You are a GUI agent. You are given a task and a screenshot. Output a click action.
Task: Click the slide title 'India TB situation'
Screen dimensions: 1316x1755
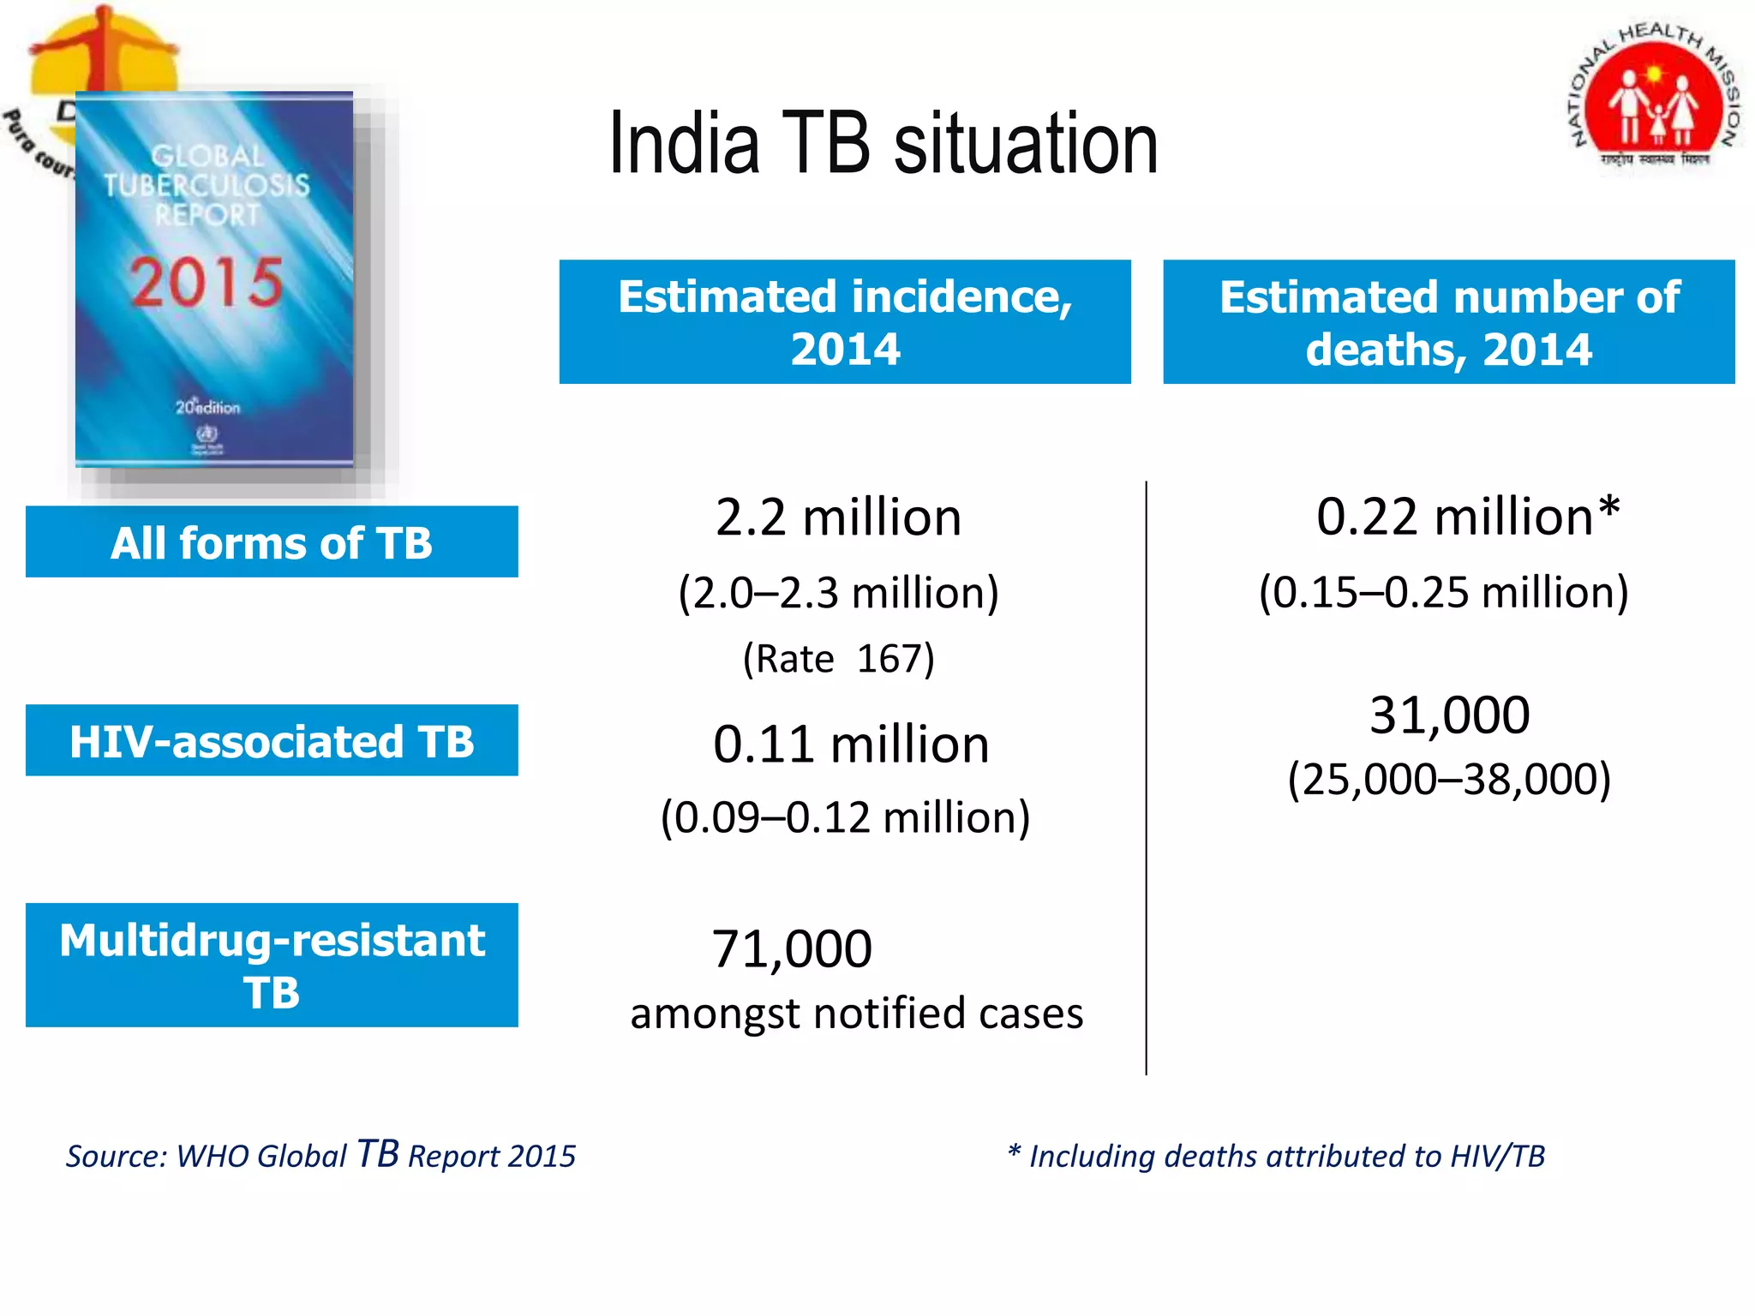point(883,144)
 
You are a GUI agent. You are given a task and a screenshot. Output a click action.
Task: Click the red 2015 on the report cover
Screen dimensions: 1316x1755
point(207,282)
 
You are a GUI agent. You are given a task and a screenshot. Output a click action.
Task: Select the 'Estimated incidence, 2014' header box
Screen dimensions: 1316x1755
point(845,322)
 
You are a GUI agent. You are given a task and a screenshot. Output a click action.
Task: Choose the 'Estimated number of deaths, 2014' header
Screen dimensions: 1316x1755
point(1448,322)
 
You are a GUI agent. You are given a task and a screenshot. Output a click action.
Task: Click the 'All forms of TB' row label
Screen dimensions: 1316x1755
point(272,542)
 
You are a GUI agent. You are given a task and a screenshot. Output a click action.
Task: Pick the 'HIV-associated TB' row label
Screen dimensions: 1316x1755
point(272,741)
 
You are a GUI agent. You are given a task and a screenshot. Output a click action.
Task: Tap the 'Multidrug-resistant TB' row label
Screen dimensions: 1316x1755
point(272,966)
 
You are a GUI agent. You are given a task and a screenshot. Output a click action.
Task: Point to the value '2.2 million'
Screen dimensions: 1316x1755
point(838,517)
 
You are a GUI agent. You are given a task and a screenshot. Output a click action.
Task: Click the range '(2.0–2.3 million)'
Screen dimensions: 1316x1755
point(838,593)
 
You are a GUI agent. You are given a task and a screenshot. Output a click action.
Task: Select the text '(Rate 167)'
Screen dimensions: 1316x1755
point(838,659)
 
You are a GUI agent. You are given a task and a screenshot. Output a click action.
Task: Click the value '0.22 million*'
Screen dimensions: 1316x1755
point(1467,517)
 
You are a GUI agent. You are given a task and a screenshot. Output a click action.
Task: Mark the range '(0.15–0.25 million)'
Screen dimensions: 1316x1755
point(1443,592)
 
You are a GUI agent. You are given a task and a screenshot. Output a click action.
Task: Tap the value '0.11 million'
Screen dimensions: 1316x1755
point(850,744)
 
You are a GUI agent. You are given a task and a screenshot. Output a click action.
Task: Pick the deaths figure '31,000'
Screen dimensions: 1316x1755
point(1449,715)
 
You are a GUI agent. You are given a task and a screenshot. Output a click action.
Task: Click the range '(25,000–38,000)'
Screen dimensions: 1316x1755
point(1449,779)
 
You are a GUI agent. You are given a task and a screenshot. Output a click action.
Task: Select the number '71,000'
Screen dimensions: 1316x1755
point(792,949)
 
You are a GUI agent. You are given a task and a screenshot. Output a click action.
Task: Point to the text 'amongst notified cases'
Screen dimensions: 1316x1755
point(856,1014)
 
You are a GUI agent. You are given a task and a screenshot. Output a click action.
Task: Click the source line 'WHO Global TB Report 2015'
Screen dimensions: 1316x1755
point(321,1155)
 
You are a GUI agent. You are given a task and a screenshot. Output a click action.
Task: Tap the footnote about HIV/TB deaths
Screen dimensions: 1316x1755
point(1276,1156)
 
